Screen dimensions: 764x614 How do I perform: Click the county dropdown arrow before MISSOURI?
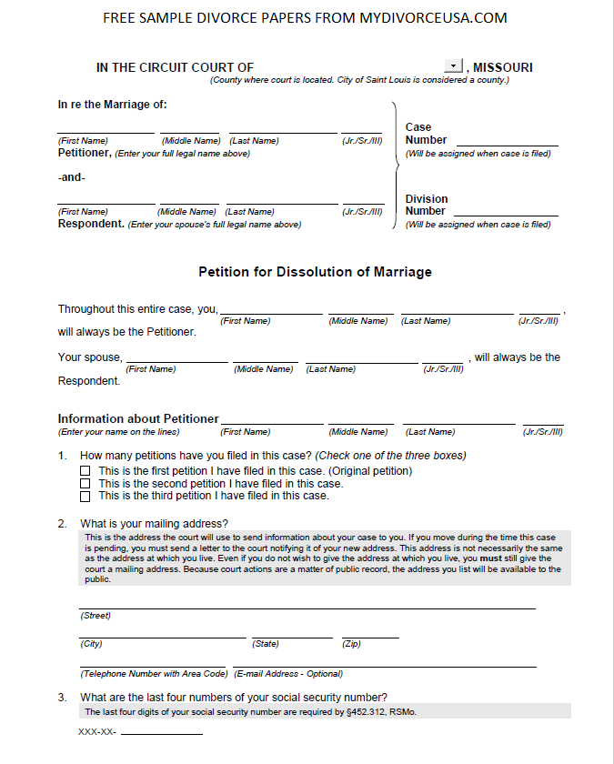(454, 66)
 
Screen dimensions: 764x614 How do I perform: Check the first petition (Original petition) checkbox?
(86, 471)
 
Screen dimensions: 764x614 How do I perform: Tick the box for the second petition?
(86, 484)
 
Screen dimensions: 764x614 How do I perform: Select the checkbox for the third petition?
(86, 497)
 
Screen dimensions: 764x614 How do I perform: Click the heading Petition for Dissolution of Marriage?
(315, 272)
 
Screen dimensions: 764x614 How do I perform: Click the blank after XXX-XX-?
(162, 732)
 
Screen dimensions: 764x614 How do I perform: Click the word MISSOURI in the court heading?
(503, 67)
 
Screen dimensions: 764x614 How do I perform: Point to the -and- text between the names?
(71, 177)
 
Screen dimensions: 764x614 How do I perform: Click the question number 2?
(62, 524)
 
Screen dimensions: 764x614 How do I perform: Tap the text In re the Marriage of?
(113, 104)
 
